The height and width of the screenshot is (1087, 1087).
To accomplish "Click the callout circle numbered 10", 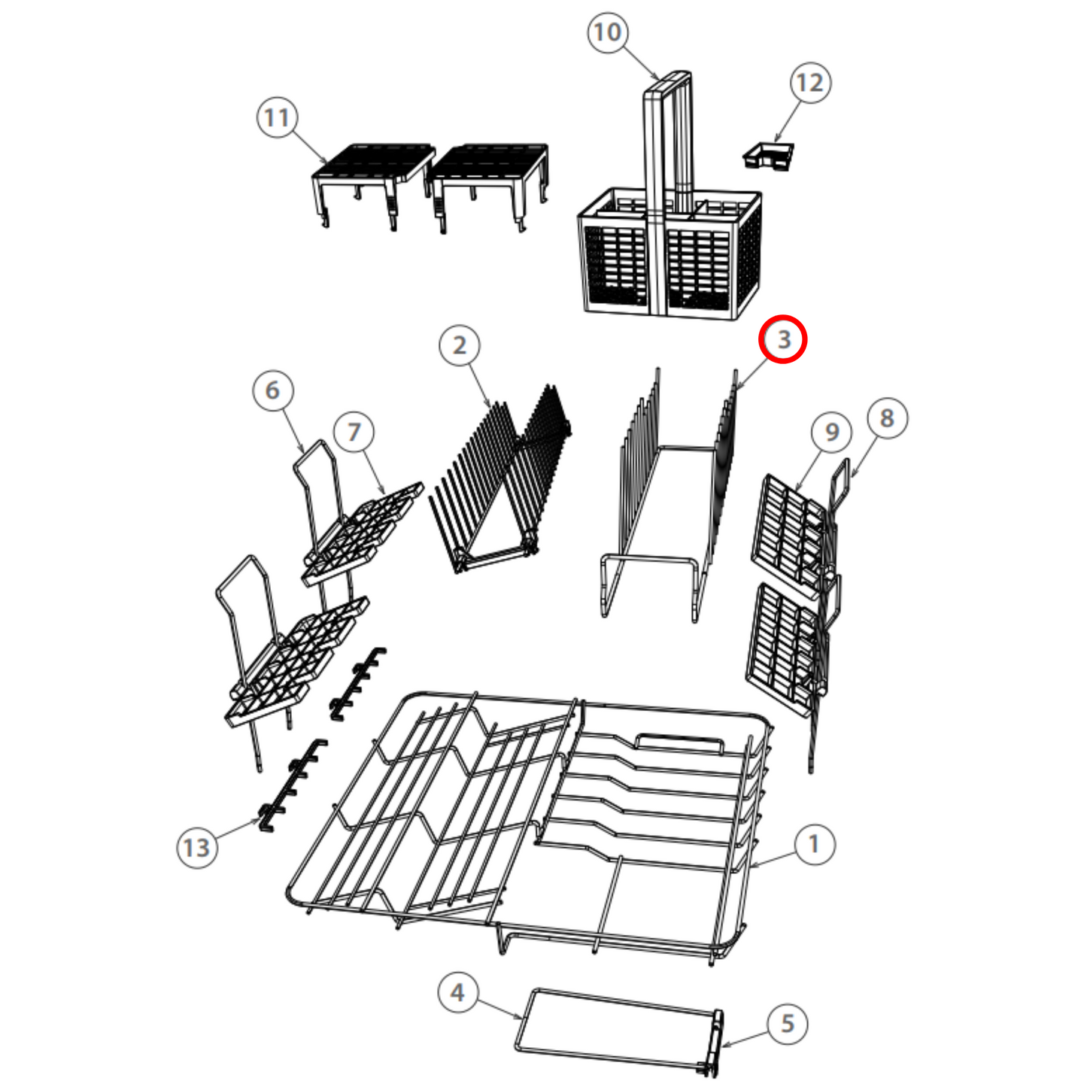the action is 608,32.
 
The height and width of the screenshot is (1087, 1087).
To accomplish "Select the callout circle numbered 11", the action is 276,118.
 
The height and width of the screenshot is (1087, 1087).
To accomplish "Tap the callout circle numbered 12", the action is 810,83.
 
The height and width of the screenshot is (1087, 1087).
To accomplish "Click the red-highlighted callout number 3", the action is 783,339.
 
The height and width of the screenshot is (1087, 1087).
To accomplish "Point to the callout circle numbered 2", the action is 460,345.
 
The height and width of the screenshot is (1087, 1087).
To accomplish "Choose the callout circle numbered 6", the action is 273,390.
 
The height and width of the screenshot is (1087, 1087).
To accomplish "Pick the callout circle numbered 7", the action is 354,432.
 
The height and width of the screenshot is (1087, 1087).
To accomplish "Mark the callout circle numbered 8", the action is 887,418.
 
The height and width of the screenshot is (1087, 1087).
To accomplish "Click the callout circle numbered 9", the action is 831,432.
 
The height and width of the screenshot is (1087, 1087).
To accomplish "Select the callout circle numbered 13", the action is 197,848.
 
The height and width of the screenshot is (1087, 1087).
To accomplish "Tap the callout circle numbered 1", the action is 814,845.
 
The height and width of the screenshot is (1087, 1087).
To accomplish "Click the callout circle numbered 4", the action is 459,992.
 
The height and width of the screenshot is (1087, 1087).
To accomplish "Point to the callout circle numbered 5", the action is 787,1023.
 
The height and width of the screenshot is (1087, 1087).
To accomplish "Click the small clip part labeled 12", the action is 768,155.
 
